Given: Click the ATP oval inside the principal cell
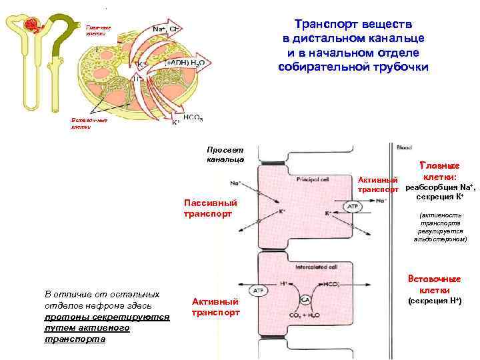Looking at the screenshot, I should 353,207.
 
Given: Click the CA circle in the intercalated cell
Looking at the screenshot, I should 305,299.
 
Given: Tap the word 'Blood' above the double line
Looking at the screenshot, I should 404,147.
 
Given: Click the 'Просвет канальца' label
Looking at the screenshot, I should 225,155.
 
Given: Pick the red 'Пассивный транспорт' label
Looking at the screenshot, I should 207,208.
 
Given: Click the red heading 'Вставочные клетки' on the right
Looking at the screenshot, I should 437,285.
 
